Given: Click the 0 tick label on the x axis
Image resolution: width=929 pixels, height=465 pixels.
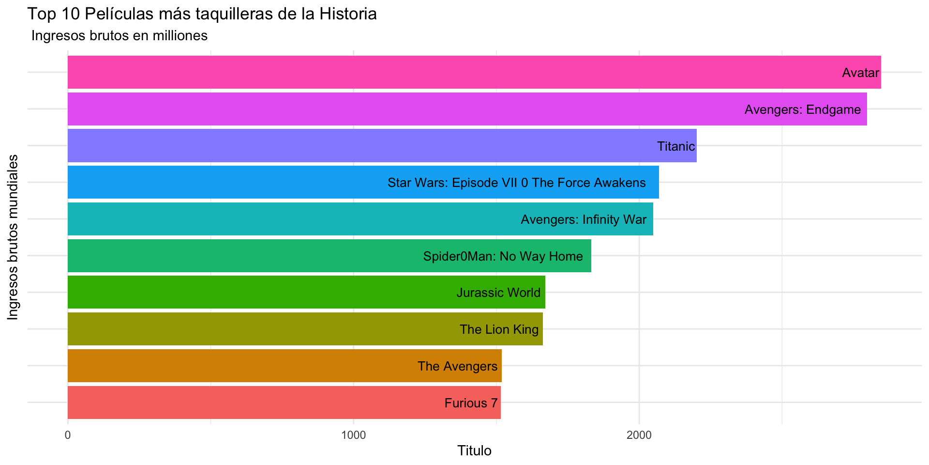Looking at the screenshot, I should [x=68, y=435].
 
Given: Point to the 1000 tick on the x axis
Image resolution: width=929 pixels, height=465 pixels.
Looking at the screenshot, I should [x=353, y=435].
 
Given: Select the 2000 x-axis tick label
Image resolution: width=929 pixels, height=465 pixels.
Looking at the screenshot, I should [x=639, y=435].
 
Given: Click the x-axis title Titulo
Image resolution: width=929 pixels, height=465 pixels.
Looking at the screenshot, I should [x=474, y=451].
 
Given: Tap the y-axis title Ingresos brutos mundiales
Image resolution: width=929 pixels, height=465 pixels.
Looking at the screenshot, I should [x=13, y=237].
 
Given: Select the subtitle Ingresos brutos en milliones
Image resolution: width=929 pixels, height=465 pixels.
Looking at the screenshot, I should [x=119, y=36].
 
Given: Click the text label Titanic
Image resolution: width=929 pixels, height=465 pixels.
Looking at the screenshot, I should [x=676, y=146].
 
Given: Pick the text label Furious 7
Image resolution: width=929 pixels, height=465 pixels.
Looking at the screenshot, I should [x=471, y=403].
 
